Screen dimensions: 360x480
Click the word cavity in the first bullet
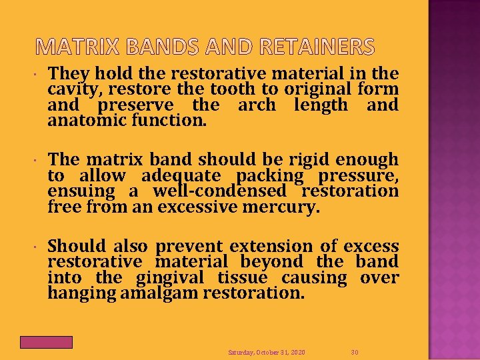(x=69, y=89)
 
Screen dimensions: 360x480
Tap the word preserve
(x=136, y=105)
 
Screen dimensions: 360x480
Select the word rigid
(x=307, y=160)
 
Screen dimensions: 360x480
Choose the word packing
(x=270, y=176)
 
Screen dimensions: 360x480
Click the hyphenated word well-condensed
(x=222, y=191)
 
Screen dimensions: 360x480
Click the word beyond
(x=273, y=262)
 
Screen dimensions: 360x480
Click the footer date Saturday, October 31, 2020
(x=267, y=351)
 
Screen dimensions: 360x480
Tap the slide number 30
(x=355, y=351)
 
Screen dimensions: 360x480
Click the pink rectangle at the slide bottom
(x=46, y=342)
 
